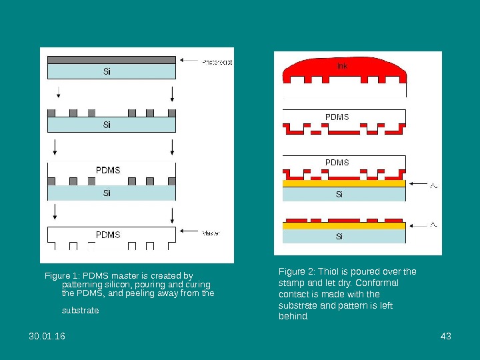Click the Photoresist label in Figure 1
(217, 62)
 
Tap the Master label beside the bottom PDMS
(211, 233)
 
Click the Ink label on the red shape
(341, 66)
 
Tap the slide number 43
(447, 336)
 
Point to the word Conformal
(379, 283)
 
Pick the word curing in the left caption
(196, 285)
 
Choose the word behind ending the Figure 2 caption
(293, 317)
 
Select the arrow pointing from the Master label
(189, 233)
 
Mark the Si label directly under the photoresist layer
(107, 71)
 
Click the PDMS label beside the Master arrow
(108, 235)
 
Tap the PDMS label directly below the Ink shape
(337, 117)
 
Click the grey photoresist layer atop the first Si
(111, 59)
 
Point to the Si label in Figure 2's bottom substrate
(339, 237)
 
